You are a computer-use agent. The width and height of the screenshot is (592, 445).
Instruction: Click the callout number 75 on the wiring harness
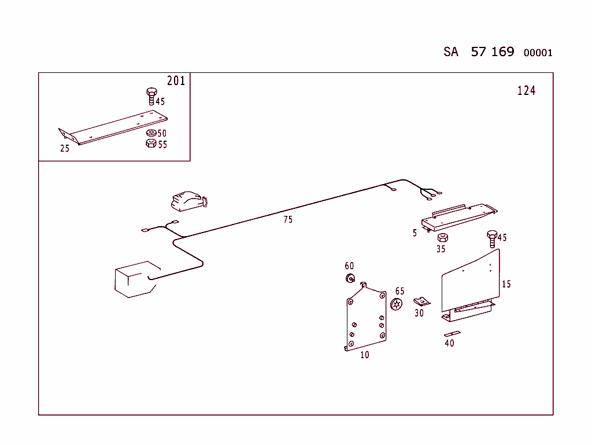point(287,219)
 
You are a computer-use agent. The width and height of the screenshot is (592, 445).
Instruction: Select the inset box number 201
point(176,81)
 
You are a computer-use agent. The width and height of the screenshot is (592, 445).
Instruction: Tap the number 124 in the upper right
point(526,90)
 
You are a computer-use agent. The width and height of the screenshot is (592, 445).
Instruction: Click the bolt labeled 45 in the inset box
point(151,95)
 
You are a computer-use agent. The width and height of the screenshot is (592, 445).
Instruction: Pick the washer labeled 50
point(150,133)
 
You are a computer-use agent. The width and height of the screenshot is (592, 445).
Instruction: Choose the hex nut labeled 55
point(150,143)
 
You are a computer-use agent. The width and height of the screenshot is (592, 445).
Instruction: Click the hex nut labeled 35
point(441,238)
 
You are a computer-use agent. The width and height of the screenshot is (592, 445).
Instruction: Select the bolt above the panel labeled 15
point(492,238)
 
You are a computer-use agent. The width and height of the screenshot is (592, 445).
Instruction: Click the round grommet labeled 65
point(397,304)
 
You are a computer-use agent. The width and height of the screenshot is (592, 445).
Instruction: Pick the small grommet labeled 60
point(350,279)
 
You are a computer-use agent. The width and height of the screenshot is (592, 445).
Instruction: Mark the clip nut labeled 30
point(422,301)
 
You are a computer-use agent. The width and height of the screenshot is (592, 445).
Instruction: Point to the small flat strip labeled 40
point(452,334)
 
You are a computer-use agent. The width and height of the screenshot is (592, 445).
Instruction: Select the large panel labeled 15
point(469,281)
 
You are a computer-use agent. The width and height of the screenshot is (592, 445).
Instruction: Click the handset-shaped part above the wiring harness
point(187,200)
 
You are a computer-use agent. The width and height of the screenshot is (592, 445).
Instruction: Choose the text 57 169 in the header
point(492,52)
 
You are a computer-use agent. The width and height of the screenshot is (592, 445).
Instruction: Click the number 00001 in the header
point(538,53)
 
